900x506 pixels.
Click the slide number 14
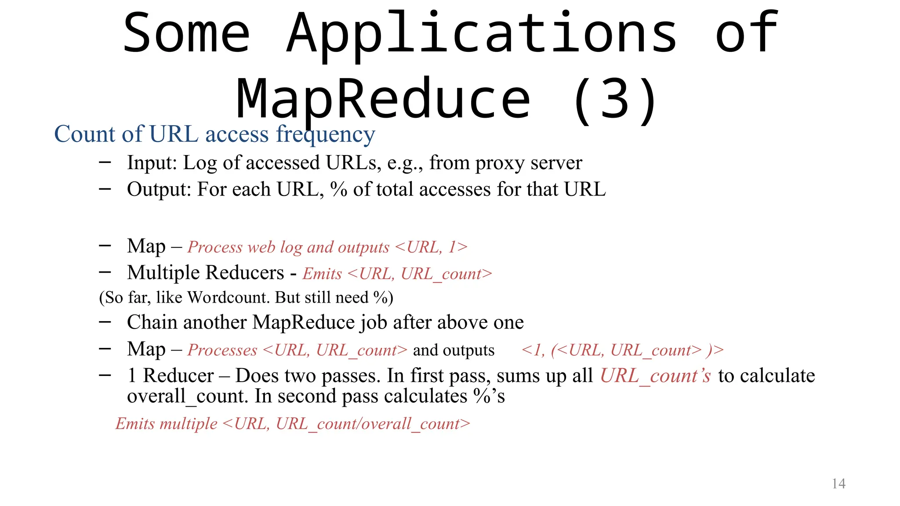pyautogui.click(x=838, y=484)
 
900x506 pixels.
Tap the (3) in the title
pyautogui.click(x=615, y=100)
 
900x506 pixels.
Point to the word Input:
pyautogui.click(x=152, y=163)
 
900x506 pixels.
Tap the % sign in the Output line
pyautogui.click(x=339, y=189)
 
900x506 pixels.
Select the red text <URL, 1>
pyautogui.click(x=431, y=247)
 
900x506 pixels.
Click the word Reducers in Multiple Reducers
pyautogui.click(x=246, y=273)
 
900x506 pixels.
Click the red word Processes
pyautogui.click(x=222, y=350)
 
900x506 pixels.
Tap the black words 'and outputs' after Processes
pyautogui.click(x=454, y=350)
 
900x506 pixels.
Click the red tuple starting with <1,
pyautogui.click(x=622, y=350)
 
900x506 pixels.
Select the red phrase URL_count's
pyautogui.click(x=655, y=376)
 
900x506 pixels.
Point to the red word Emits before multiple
pyautogui.click(x=135, y=424)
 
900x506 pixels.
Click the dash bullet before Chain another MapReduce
pyautogui.click(x=105, y=322)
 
